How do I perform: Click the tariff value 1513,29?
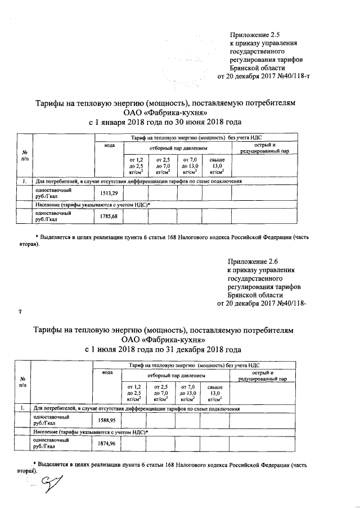(x=109, y=193)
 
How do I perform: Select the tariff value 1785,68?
(x=109, y=216)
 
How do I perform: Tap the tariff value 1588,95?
(x=106, y=420)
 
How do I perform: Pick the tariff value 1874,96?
(x=106, y=444)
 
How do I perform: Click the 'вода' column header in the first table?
(x=109, y=146)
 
